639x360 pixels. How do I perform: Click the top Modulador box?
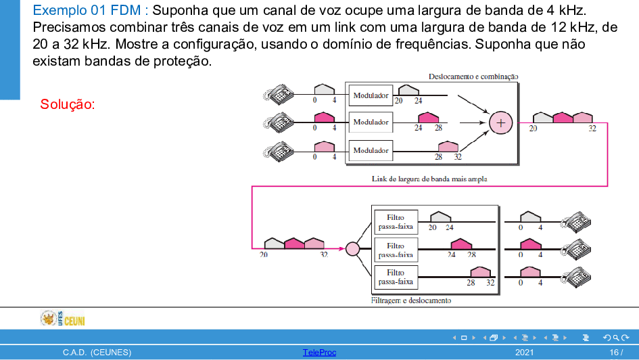pos(371,95)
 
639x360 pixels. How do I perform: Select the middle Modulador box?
pos(371,122)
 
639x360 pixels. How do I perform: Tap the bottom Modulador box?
pos(371,150)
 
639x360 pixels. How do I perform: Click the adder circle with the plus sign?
pos(500,122)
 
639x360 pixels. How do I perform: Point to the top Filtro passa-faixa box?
pos(396,222)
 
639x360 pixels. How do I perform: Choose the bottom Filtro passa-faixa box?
pos(396,277)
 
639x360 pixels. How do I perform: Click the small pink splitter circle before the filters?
pos(352,249)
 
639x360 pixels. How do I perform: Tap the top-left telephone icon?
pos(279,94)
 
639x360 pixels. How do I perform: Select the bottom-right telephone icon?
pos(575,277)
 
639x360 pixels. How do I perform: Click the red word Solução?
pos(67,104)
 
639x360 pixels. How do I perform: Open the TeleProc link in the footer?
pos(319,353)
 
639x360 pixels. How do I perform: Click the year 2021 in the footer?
pos(524,353)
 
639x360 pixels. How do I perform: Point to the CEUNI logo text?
pos(74,321)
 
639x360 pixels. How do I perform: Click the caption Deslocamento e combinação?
pos(473,76)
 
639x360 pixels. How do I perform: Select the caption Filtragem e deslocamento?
pos(411,300)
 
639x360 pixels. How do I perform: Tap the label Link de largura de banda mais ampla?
pos(429,179)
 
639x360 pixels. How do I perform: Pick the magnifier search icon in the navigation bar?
pos(616,338)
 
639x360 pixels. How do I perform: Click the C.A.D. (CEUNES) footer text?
pos(97,353)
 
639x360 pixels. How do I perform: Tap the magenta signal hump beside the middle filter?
pos(461,244)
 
